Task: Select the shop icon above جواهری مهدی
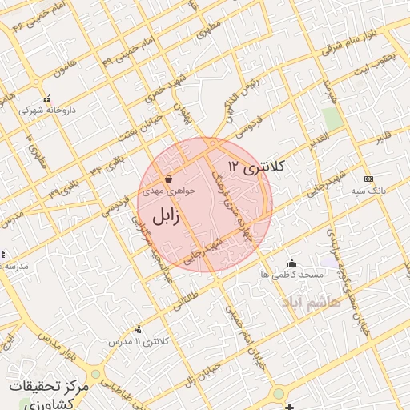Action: pyautogui.click(x=168, y=179)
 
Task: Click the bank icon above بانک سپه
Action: pyautogui.click(x=368, y=179)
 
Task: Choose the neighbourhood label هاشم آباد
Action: pyautogui.click(x=311, y=301)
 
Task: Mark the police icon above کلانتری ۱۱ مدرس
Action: pyautogui.click(x=139, y=329)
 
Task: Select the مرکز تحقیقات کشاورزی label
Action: pyautogui.click(x=49, y=394)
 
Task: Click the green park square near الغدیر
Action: pyautogui.click(x=332, y=119)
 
